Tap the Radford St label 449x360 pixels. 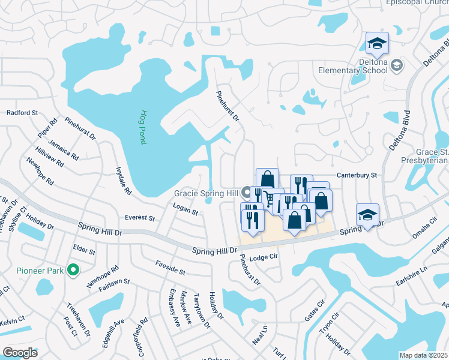point(22,112)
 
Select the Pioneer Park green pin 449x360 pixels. point(73,270)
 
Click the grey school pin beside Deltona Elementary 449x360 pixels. point(396,65)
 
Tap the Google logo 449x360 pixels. point(20,352)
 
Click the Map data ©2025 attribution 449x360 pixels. point(424,355)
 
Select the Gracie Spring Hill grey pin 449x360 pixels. point(246,193)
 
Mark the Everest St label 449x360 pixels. point(140,217)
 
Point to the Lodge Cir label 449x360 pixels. point(265,257)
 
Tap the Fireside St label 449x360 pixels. point(170,268)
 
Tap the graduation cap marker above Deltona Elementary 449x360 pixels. point(377,44)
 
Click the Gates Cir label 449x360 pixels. point(314,311)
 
